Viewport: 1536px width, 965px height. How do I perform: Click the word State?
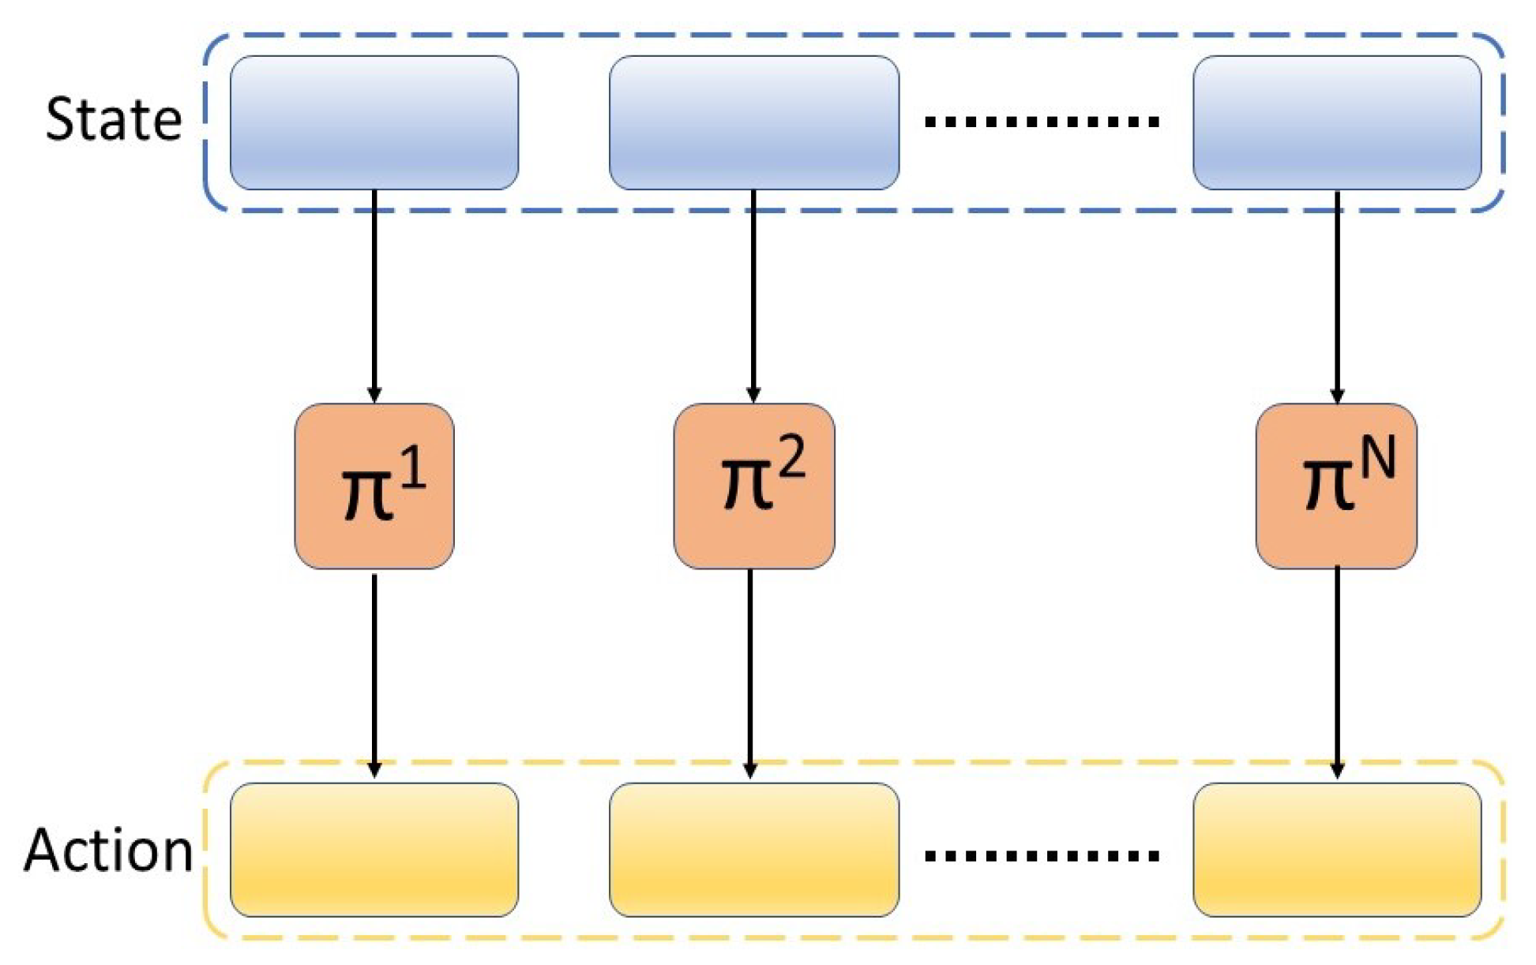(114, 119)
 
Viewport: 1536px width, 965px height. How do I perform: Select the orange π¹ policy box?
(374, 486)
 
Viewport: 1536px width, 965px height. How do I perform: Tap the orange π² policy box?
(754, 486)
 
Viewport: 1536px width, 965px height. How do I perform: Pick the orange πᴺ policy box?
(1336, 486)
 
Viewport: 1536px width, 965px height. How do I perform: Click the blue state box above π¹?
(374, 122)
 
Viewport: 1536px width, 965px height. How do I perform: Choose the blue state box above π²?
(754, 122)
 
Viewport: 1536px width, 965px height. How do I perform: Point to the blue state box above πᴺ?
(1337, 122)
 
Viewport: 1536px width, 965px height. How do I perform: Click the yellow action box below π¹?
(374, 850)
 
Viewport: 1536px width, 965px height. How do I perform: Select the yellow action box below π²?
(754, 850)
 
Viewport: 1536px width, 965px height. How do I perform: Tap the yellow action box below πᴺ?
(1337, 850)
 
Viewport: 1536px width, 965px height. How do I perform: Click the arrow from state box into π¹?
(374, 296)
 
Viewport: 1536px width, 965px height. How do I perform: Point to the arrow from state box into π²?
(753, 296)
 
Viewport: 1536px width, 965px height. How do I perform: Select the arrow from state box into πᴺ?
(1337, 296)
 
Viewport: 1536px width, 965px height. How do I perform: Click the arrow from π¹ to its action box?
(374, 675)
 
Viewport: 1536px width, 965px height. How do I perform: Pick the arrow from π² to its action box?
(750, 675)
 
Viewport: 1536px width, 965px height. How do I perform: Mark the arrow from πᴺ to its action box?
(1337, 675)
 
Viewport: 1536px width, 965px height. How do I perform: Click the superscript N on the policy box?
(1376, 458)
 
